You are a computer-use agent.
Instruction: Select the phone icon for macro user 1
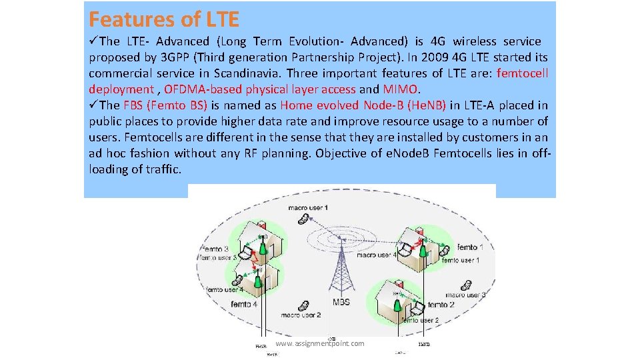click(303, 218)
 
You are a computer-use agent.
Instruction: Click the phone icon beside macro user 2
click(304, 305)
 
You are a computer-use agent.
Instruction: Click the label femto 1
click(481, 248)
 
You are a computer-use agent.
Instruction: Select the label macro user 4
click(377, 255)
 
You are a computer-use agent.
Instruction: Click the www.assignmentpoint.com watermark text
click(320, 343)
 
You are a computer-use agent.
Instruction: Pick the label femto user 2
click(419, 320)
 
